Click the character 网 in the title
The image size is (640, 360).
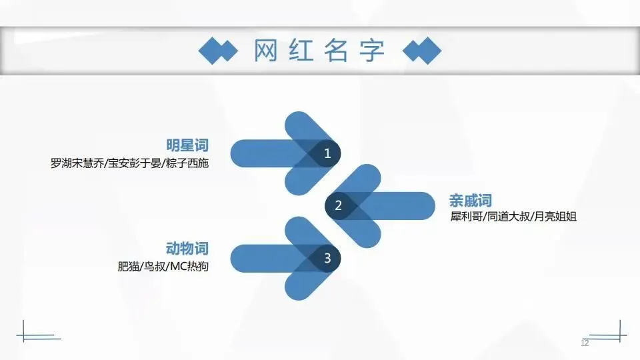point(265,51)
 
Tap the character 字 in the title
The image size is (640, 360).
point(373,51)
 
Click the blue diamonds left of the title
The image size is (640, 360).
point(217,51)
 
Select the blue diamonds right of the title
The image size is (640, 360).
point(423,51)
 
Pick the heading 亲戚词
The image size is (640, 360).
point(470,201)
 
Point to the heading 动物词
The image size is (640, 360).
point(187,249)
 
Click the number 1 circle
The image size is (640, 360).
point(327,153)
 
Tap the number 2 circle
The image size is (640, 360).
point(338,205)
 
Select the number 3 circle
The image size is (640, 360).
point(327,258)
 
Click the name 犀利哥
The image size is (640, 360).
point(465,217)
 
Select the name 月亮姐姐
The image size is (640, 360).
point(557,217)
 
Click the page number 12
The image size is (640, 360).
point(585,343)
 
